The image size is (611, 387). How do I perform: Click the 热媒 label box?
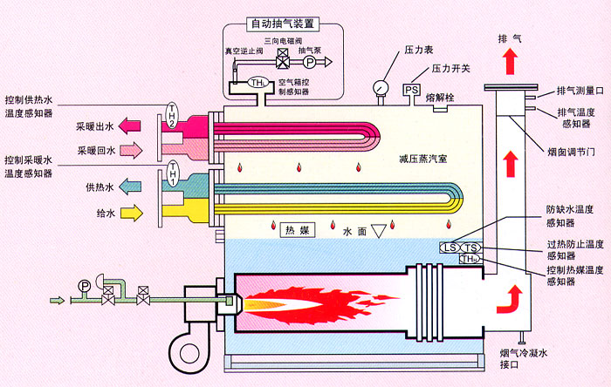294,231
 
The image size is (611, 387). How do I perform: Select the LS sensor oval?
450,248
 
